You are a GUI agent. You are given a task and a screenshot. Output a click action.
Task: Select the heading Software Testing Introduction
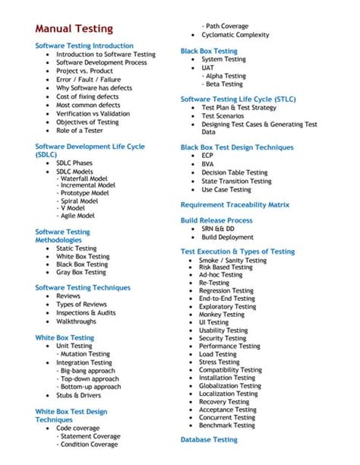click(x=84, y=46)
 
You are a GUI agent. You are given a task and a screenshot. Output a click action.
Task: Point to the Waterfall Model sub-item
click(x=86, y=177)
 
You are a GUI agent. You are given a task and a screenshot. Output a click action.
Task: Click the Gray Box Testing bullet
click(x=81, y=272)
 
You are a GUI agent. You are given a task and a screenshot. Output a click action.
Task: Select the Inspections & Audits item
click(x=86, y=312)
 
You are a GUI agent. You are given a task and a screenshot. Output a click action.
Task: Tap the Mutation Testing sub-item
click(x=86, y=353)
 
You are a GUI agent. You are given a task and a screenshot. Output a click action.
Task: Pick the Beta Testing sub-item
click(x=226, y=84)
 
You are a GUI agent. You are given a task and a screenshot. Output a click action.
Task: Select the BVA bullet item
click(x=208, y=163)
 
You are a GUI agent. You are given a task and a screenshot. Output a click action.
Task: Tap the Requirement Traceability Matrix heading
click(x=235, y=204)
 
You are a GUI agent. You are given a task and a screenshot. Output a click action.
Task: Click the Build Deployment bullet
click(x=228, y=237)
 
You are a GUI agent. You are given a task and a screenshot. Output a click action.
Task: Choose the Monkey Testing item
click(x=222, y=314)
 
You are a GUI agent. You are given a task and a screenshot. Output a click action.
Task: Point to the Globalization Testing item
click(x=229, y=385)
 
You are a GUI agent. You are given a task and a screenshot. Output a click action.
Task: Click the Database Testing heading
click(x=209, y=439)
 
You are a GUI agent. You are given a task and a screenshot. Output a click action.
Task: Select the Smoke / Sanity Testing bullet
click(x=232, y=260)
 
